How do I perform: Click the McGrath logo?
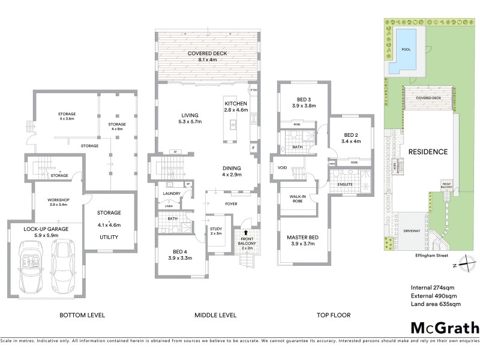pyautogui.click(x=445, y=328)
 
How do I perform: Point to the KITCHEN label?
pyautogui.click(x=236, y=103)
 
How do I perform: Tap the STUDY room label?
pyautogui.click(x=216, y=229)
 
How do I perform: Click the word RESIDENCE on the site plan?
pyautogui.click(x=428, y=152)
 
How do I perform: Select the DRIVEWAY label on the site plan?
pyautogui.click(x=412, y=229)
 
